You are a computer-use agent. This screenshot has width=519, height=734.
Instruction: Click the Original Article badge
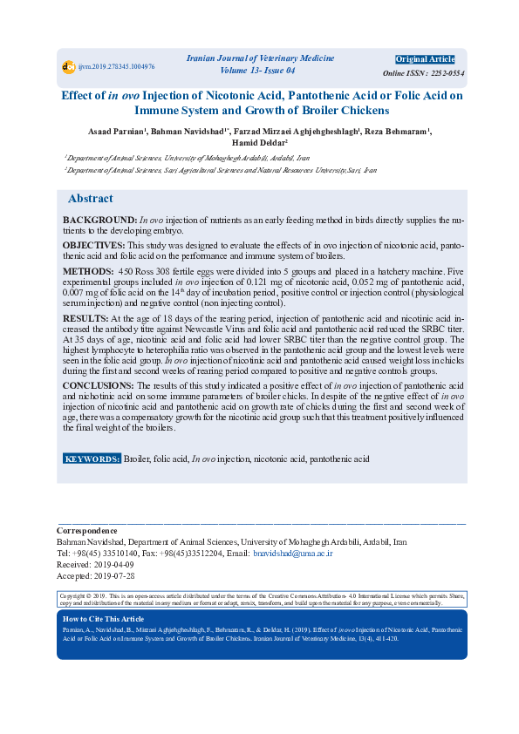(x=425, y=59)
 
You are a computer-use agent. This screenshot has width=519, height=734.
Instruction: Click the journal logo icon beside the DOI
(x=68, y=66)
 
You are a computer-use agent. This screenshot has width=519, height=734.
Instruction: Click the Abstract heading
(x=91, y=199)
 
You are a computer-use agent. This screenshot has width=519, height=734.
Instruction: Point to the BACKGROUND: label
(x=100, y=221)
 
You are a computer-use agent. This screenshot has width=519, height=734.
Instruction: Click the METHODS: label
(x=89, y=271)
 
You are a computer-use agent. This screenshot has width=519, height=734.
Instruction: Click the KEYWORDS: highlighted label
(x=92, y=459)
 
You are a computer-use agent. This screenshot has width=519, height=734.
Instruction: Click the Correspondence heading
(x=86, y=531)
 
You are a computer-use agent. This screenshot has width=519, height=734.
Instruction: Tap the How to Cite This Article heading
(x=104, y=619)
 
